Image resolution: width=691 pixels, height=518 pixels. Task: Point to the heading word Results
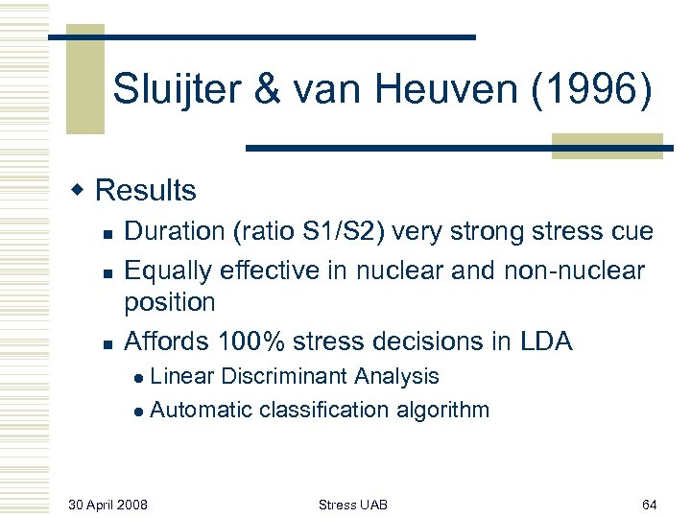click(x=146, y=190)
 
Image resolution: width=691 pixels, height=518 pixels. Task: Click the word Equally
click(x=169, y=271)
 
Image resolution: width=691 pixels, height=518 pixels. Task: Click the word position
click(x=170, y=302)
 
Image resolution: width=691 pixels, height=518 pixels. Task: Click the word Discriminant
click(x=312, y=377)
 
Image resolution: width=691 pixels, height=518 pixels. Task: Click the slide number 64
click(x=649, y=503)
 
